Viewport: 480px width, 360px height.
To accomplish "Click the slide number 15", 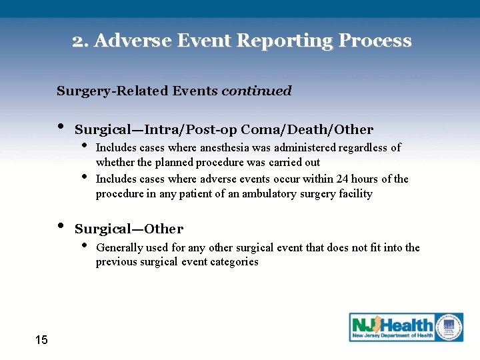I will pyautogui.click(x=41, y=340).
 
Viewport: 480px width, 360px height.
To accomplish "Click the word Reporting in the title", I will pyautogui.click(x=290, y=41).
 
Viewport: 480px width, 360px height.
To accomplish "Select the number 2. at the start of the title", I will pyautogui.click(x=81, y=41).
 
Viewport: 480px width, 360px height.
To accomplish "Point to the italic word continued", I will pyautogui.click(x=256, y=91).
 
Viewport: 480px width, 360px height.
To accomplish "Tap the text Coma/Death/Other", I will pyautogui.click(x=307, y=129).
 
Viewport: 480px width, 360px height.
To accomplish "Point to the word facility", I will pyautogui.click(x=355, y=194).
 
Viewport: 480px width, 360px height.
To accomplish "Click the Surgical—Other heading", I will pyautogui.click(x=129, y=229).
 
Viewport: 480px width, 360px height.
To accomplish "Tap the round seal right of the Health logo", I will pyautogui.click(x=449, y=327).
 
